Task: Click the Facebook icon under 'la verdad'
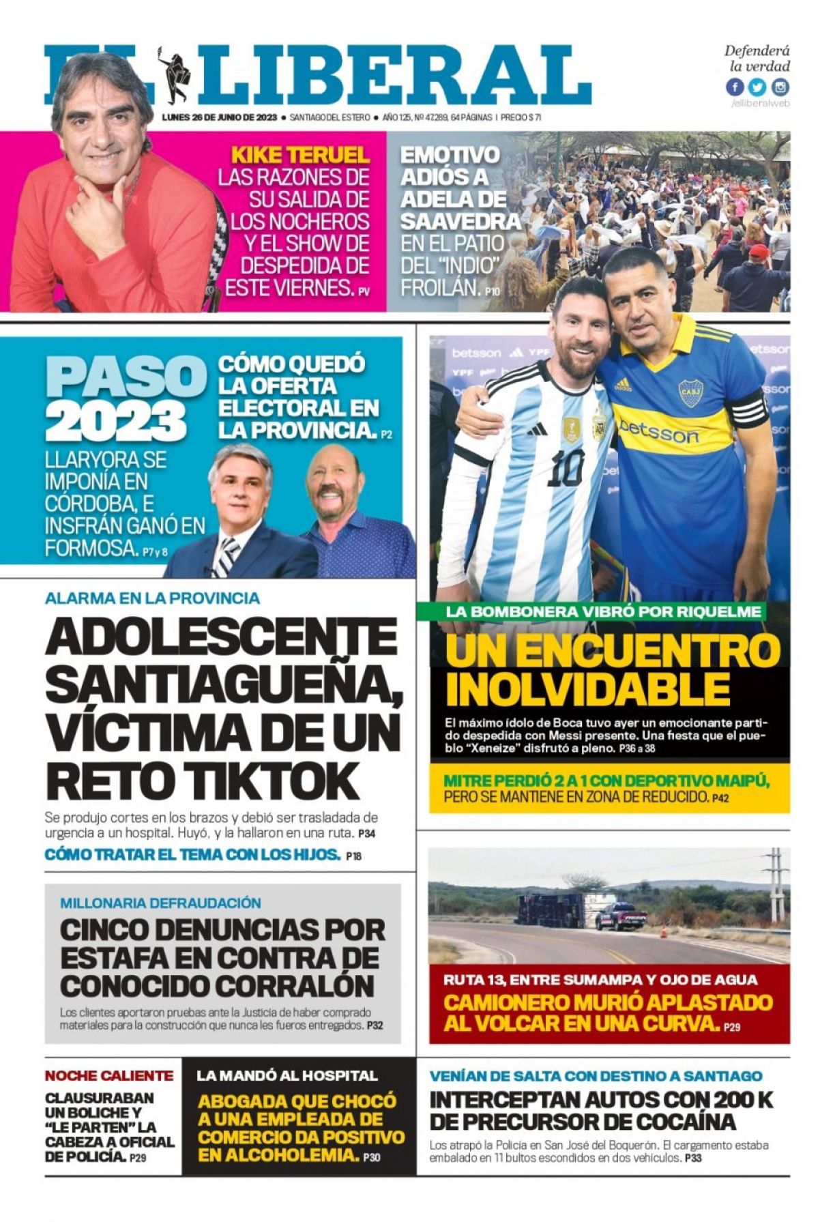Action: (x=735, y=87)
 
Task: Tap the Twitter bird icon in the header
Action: (x=757, y=87)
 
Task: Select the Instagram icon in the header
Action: (x=780, y=87)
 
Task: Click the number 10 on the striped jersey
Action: (x=566, y=468)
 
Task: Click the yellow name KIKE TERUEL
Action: (x=300, y=154)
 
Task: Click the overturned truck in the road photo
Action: (x=550, y=910)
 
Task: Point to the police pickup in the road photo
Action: (x=620, y=915)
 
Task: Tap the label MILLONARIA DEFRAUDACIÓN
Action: (x=160, y=903)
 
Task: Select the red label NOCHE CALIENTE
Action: (x=109, y=1075)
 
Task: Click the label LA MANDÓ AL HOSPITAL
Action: (x=287, y=1075)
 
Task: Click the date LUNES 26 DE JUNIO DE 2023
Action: (x=219, y=117)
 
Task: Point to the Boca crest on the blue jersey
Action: (x=690, y=394)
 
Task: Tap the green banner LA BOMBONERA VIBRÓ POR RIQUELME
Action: (x=603, y=611)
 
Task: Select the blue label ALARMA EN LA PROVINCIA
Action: (x=152, y=598)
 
